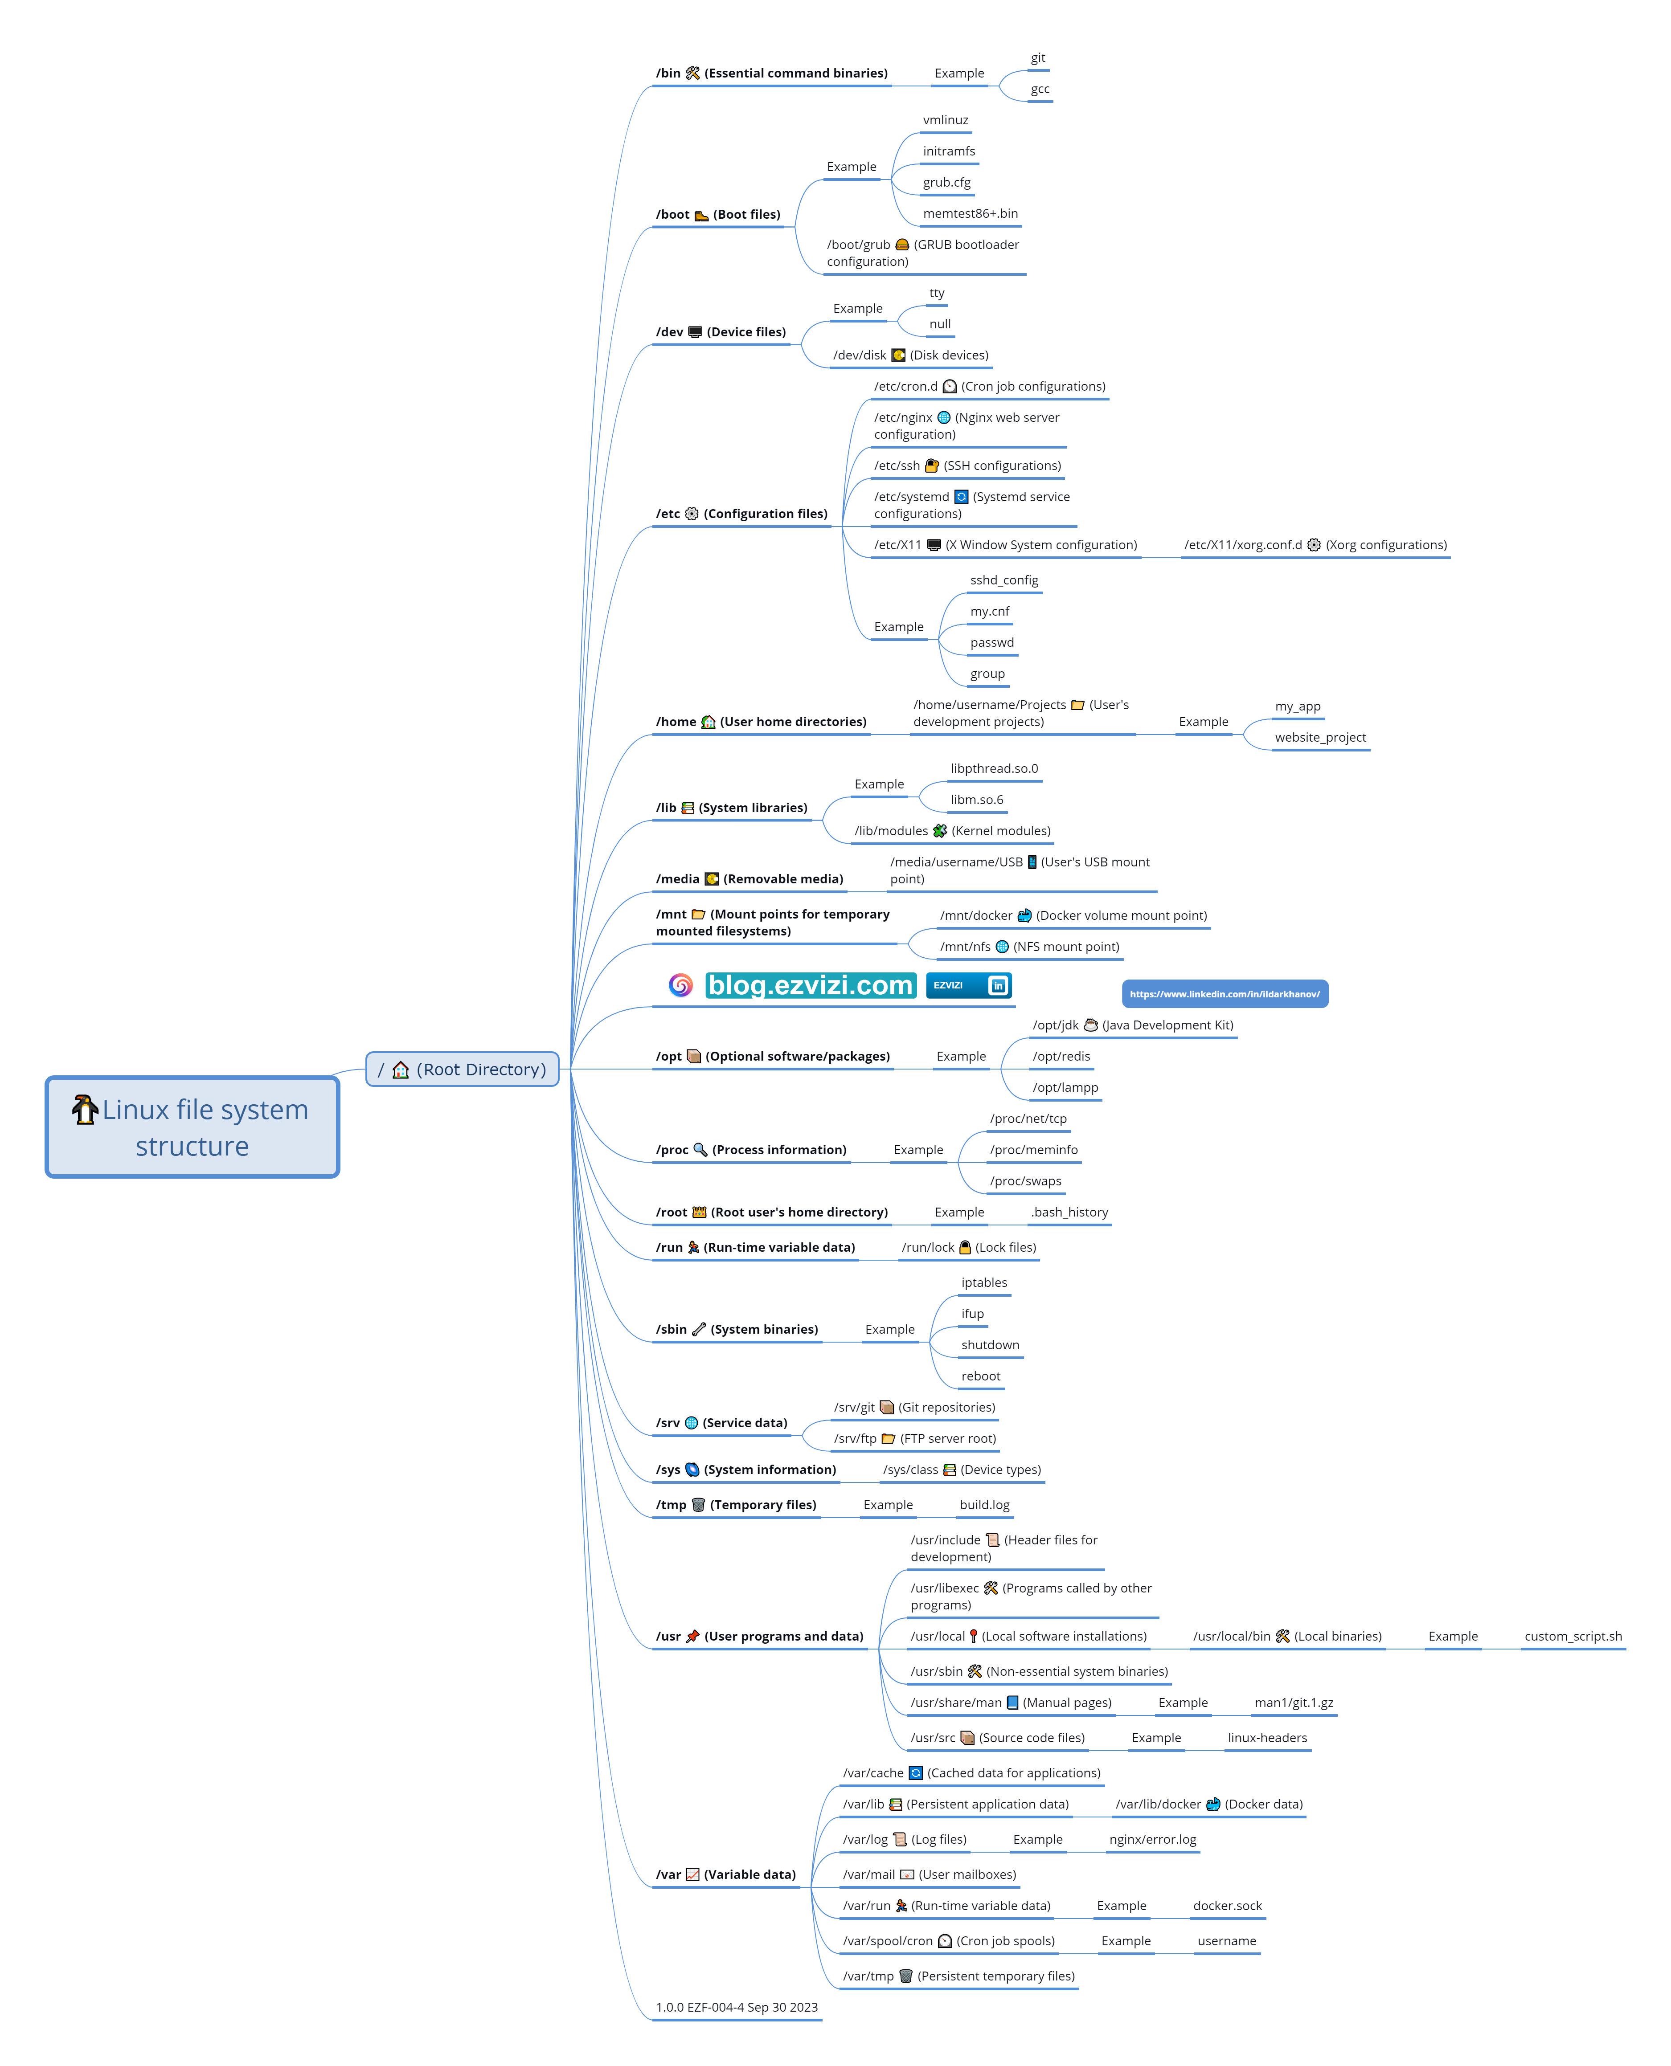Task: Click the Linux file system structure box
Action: point(192,1127)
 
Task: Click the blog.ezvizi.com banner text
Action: point(811,985)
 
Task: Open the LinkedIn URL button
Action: point(1225,994)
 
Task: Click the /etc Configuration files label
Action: point(741,514)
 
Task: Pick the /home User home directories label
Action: point(761,722)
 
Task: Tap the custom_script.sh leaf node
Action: point(1573,1636)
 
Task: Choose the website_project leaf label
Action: point(1320,737)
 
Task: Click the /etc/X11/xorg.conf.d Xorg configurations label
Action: point(1315,545)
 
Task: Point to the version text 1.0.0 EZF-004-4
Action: point(737,2007)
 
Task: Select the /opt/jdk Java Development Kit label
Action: point(1132,1025)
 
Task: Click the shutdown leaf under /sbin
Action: point(990,1344)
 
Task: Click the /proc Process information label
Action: point(751,1150)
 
